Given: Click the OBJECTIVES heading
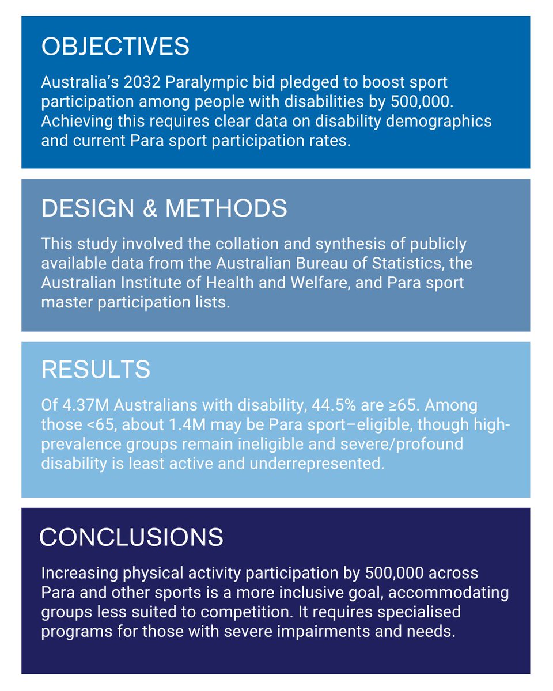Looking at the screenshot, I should [x=115, y=47].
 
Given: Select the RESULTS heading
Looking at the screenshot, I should [x=96, y=370].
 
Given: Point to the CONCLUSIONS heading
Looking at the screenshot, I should [x=131, y=537].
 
